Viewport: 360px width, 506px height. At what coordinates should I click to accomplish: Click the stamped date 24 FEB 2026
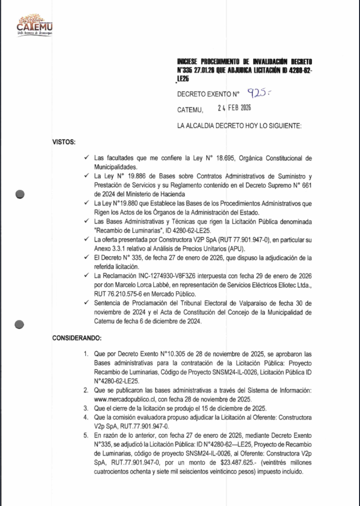point(234,108)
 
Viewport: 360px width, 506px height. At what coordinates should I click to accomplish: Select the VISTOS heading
point(64,141)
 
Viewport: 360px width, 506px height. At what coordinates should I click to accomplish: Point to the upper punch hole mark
point(20,194)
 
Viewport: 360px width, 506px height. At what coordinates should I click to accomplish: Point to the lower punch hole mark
point(20,324)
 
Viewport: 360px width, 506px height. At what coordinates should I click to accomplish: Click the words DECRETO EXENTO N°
point(208,94)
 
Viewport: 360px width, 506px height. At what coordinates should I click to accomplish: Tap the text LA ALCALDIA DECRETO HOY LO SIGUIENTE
point(240,126)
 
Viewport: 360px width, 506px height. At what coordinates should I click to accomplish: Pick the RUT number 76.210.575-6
point(118,293)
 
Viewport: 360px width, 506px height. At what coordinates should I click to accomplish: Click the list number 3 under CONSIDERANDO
point(86,408)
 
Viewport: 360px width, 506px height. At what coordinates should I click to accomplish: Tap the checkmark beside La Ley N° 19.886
point(86,176)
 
